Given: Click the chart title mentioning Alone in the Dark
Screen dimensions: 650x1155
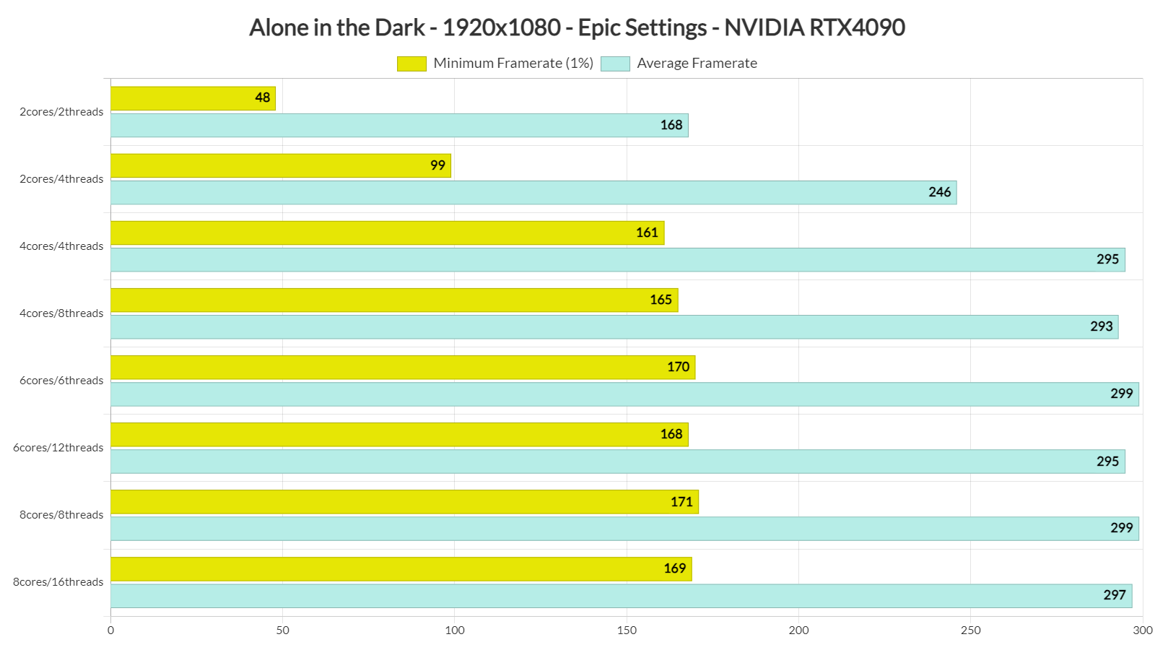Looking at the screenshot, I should (x=577, y=27).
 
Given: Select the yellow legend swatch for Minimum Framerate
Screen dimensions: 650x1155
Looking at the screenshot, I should (x=411, y=64).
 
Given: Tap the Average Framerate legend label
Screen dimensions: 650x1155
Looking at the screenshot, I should (x=697, y=64).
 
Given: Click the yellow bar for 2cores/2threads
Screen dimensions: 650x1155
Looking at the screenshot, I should (x=193, y=98).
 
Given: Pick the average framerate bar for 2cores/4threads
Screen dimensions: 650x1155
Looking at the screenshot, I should (x=533, y=193).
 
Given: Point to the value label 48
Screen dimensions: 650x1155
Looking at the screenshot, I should (x=263, y=98).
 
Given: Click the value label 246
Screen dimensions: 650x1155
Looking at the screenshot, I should (x=939, y=192).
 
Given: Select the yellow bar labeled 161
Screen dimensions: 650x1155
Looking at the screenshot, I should (x=387, y=233).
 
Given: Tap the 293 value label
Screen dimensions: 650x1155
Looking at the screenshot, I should (x=1101, y=326).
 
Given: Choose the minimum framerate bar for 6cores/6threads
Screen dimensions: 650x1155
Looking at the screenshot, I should (x=403, y=368).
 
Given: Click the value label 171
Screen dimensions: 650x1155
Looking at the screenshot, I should (x=681, y=502).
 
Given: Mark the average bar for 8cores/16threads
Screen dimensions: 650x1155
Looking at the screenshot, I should (x=621, y=596).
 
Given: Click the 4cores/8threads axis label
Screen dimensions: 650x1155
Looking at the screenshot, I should (x=61, y=313).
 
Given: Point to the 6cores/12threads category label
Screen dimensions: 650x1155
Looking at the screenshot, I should (x=58, y=448).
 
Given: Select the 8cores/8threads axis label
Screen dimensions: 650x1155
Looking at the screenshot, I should (x=61, y=515).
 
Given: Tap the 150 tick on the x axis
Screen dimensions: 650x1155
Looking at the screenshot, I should (x=627, y=630).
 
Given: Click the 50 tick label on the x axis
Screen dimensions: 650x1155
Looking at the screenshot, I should (x=282, y=630).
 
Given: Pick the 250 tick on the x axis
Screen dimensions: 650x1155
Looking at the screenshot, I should (x=970, y=630).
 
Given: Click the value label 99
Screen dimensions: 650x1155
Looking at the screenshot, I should (x=437, y=165).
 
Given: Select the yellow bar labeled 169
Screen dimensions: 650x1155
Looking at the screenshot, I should (x=401, y=569).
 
